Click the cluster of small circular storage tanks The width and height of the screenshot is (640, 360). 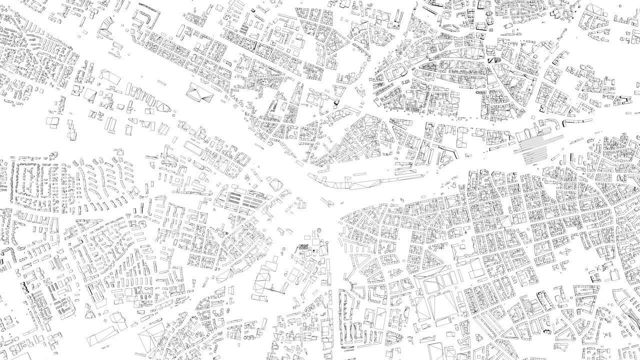(x=303, y=246)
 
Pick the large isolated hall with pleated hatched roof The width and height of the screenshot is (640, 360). (x=198, y=93)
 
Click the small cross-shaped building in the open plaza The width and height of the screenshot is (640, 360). (x=328, y=201)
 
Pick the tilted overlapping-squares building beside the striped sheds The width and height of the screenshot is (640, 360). (x=275, y=184)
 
